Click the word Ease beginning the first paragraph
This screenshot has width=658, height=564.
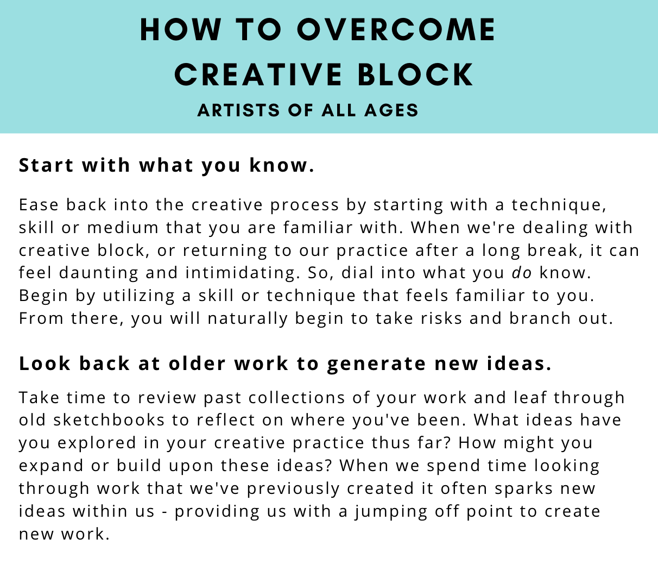pyautogui.click(x=39, y=205)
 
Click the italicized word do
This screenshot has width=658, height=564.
pyautogui.click(x=522, y=273)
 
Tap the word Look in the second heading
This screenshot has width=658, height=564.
pyautogui.click(x=45, y=364)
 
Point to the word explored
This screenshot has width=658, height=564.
pyautogui.click(x=97, y=443)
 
